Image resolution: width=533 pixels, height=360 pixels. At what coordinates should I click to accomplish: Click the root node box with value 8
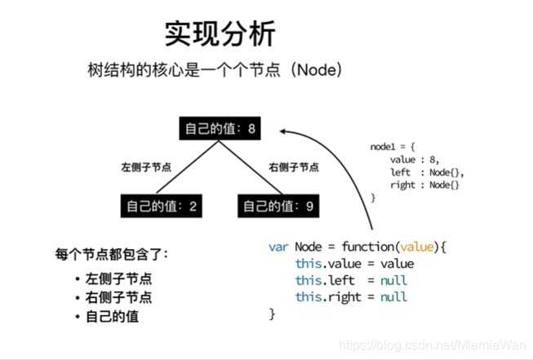tap(220, 128)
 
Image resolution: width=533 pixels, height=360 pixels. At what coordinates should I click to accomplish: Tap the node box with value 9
tap(278, 206)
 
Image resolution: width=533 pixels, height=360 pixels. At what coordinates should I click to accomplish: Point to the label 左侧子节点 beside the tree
tap(146, 167)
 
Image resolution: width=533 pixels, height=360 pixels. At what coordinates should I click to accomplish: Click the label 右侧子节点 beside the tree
tap(294, 167)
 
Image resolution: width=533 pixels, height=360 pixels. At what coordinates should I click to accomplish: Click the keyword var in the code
tap(279, 247)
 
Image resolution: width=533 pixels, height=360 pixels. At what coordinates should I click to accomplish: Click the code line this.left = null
tap(351, 280)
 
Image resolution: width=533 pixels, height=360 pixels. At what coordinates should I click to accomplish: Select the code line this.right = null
tap(351, 296)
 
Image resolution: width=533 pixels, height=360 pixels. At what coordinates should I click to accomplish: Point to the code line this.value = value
tap(354, 264)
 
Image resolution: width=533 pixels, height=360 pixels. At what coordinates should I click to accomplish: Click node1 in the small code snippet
tap(383, 147)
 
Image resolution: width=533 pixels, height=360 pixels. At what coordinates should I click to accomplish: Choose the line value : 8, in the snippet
tap(415, 159)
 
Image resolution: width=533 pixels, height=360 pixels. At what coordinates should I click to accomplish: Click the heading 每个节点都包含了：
tap(113, 253)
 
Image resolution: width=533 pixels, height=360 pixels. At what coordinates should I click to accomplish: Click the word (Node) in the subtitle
tap(318, 70)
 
